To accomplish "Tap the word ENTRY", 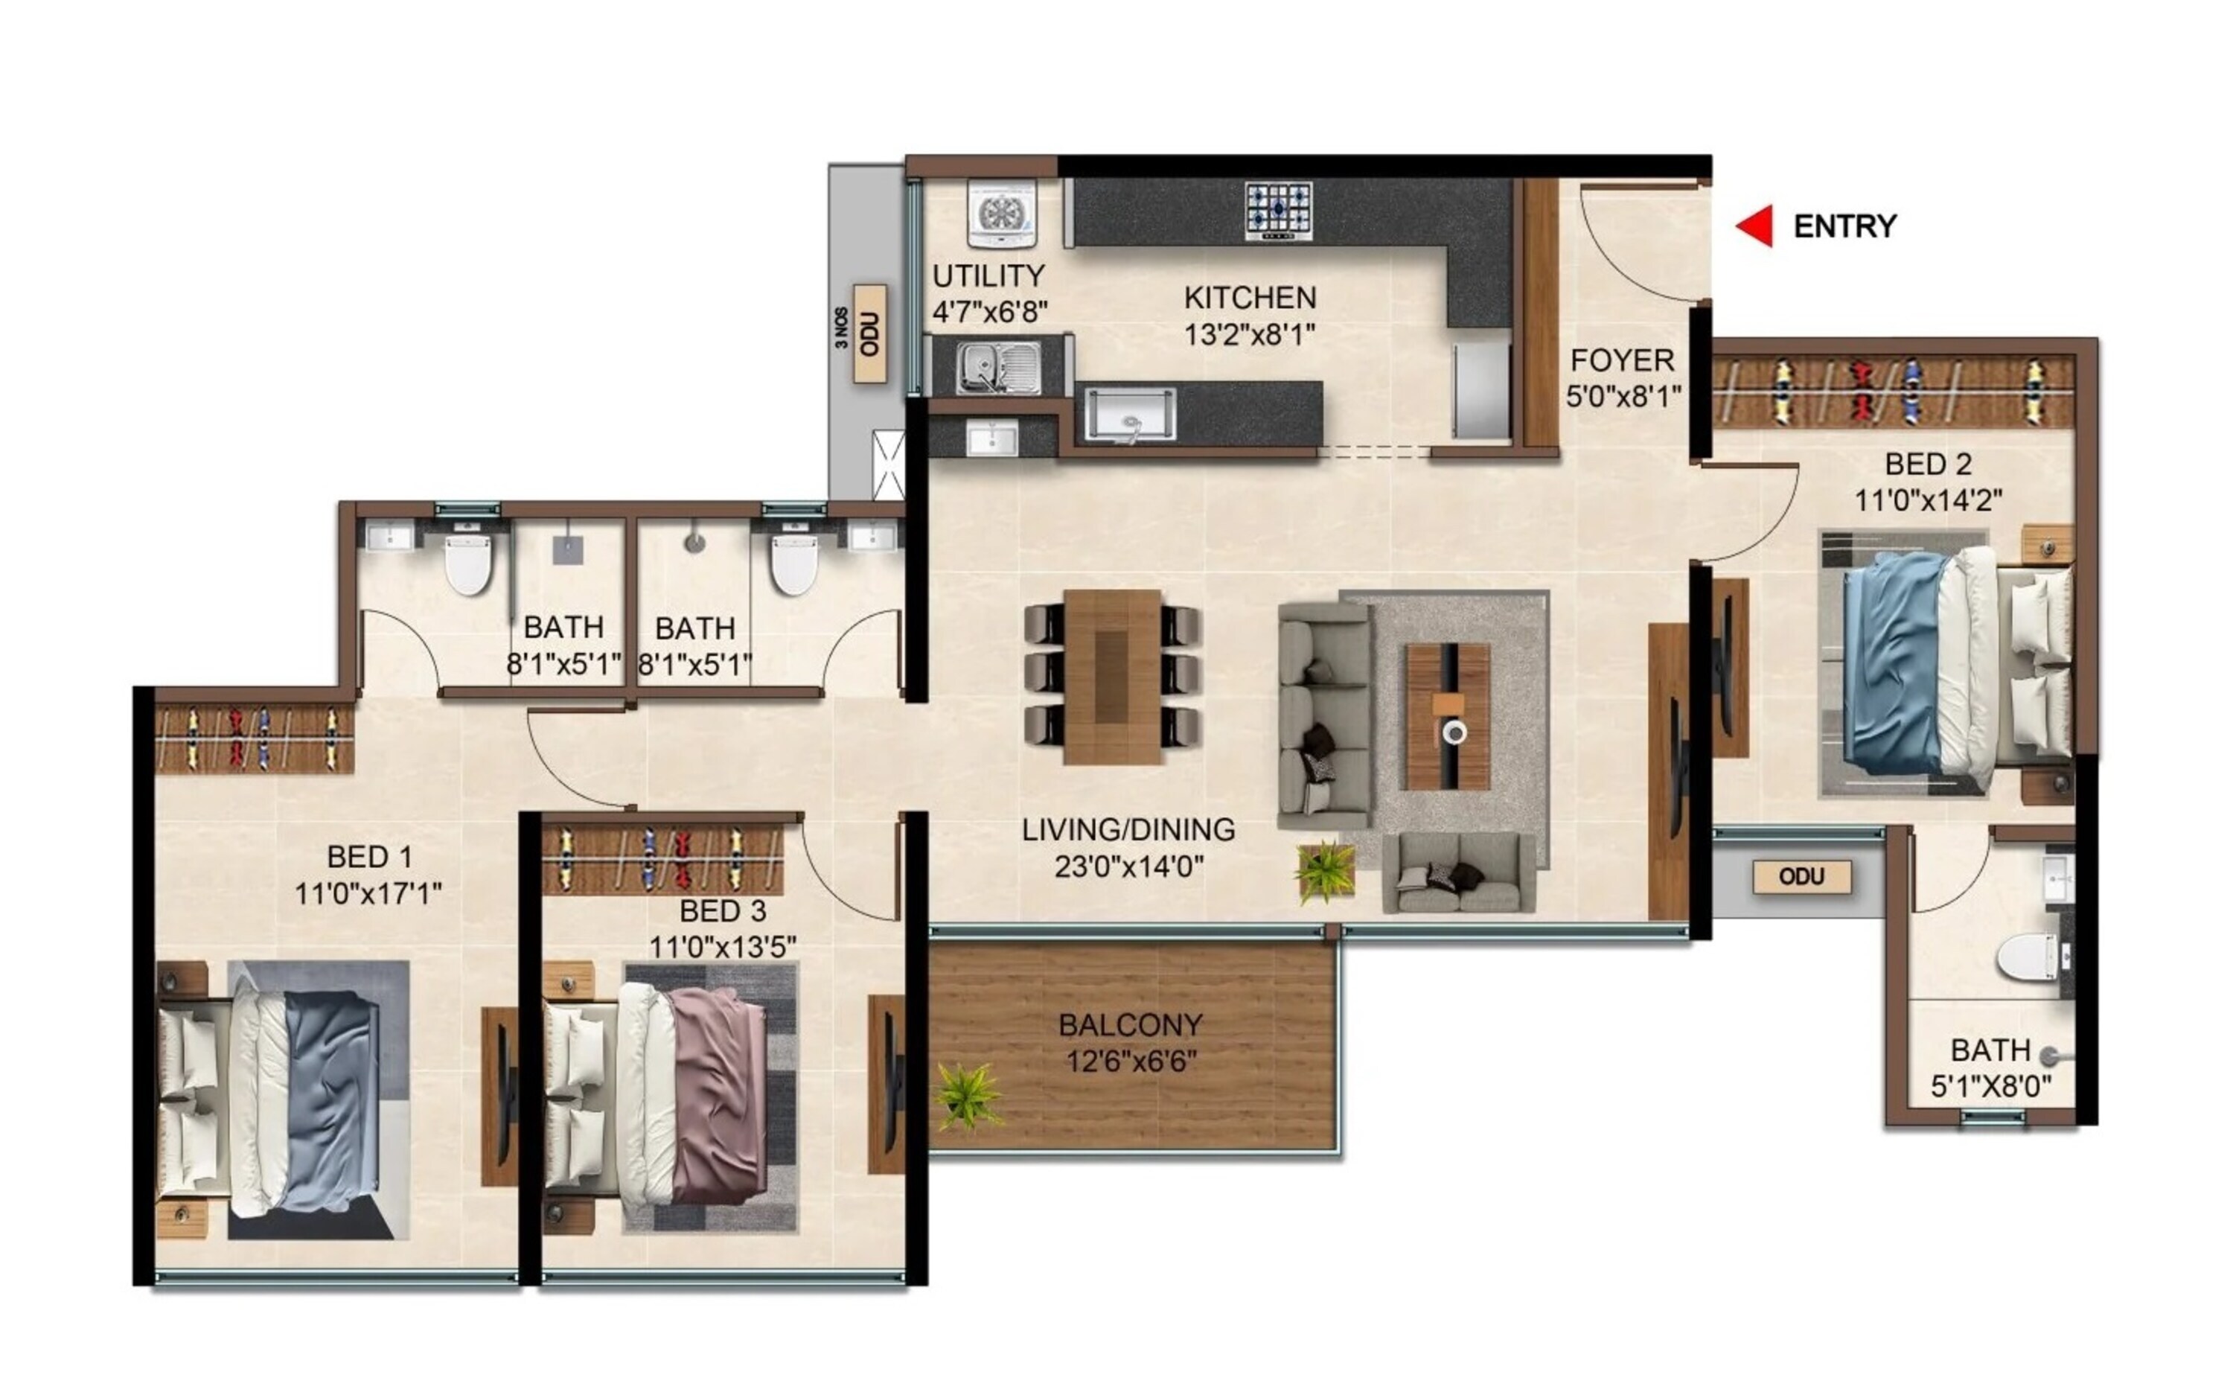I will click(1844, 226).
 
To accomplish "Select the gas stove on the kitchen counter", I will click(1278, 210).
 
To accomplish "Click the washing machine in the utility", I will click(1002, 214).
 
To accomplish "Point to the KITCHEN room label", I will click(1250, 298).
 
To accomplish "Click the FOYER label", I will click(1622, 360).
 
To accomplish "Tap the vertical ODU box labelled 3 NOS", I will click(869, 333).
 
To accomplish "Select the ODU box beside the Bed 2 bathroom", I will click(1801, 876).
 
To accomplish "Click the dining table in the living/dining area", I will click(1112, 677).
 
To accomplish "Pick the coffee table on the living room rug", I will click(1448, 717).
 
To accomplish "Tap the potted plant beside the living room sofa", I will click(1324, 870).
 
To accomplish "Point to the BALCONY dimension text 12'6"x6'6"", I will click(1131, 1062).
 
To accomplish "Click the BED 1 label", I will click(368, 857).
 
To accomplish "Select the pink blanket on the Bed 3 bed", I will click(719, 1096).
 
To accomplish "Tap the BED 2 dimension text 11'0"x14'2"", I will click(1928, 500).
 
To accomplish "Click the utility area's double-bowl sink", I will click(997, 366).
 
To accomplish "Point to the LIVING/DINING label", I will click(1128, 829).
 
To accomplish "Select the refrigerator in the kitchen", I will click(1480, 389).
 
